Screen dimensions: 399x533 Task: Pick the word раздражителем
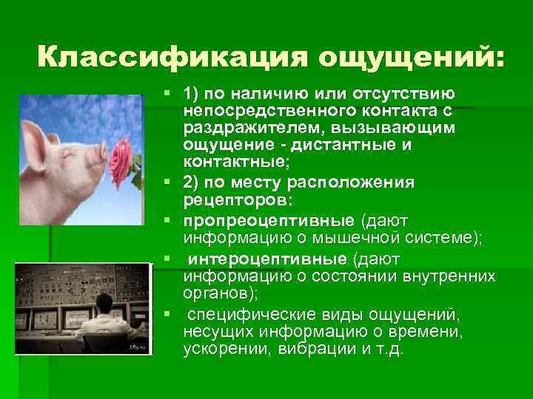pos(238,128)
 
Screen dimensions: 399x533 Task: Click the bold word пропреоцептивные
pos(269,220)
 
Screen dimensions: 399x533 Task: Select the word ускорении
pos(220,349)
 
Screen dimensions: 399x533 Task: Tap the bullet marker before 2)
pos(170,182)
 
